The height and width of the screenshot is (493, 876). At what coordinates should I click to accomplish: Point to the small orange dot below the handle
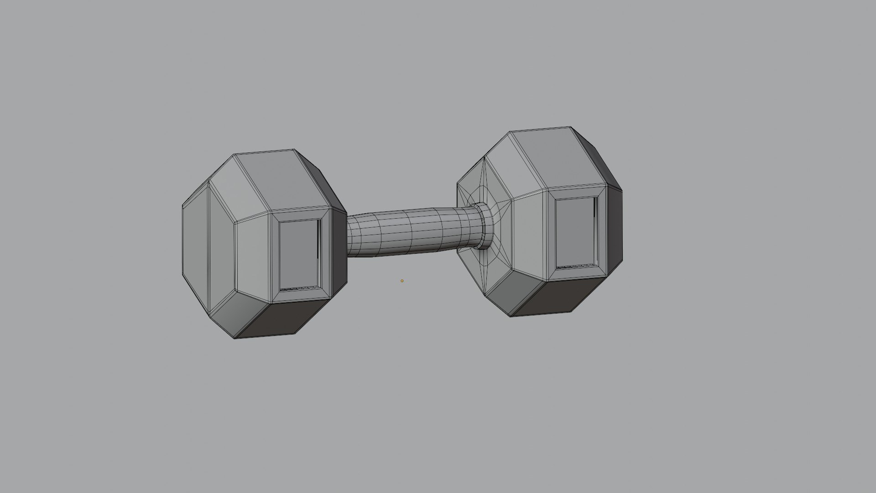(402, 281)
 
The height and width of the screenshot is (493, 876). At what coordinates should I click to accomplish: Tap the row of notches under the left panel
(298, 288)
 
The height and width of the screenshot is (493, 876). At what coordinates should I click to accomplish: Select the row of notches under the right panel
(576, 266)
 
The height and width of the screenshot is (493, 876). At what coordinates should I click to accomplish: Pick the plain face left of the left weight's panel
(254, 258)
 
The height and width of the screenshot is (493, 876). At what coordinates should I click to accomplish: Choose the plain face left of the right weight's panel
(529, 235)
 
